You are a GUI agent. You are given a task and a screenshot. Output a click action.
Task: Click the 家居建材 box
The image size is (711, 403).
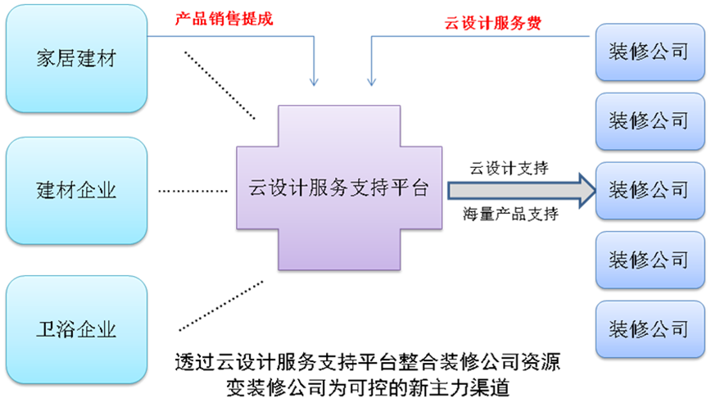coord(76,59)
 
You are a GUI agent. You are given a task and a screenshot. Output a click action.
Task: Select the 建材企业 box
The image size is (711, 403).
coord(76,191)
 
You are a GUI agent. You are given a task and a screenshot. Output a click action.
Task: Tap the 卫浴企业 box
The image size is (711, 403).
coord(76,330)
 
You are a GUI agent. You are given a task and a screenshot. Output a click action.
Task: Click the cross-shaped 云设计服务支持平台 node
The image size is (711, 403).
coord(339,188)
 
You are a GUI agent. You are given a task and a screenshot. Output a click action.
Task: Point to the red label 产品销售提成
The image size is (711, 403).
coord(224,19)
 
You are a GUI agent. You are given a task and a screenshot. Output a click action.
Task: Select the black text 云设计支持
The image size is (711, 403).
coord(508,168)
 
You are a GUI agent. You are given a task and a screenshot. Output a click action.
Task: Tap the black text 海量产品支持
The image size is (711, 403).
coord(510,215)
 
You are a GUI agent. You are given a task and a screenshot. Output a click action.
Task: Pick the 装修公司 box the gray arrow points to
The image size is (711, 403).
coord(649,190)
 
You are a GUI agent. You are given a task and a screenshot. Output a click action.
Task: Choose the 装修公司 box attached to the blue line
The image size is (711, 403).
coord(649,52)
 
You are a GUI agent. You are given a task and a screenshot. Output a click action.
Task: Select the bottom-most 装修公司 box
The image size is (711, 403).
coord(649,329)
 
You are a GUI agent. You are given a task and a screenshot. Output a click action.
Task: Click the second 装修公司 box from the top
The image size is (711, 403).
coord(649,121)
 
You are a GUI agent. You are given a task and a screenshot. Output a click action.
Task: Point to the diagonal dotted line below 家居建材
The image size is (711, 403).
coord(220,80)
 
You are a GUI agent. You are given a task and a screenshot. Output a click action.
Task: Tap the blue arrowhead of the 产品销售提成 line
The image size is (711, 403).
coord(314,80)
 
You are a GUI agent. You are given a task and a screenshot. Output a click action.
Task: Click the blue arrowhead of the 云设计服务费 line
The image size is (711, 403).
coord(371,80)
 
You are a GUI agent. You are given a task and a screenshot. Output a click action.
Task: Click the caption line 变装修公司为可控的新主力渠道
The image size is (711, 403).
coord(368,387)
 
